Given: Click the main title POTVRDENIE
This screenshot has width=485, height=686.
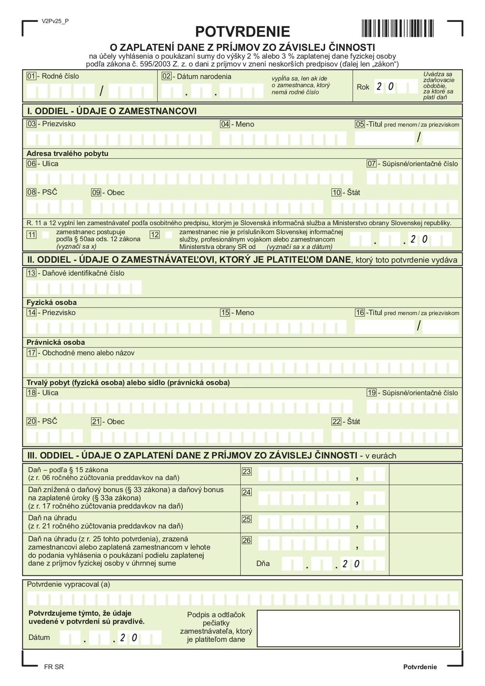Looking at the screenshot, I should pos(242,32).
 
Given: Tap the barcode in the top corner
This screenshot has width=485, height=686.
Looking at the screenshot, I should pos(397,28).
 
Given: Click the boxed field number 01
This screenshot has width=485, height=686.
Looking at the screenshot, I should pos(31,76).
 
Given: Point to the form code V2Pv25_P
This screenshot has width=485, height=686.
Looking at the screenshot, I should pos(55,21).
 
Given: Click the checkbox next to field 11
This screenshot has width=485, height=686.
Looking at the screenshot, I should pos(46,235).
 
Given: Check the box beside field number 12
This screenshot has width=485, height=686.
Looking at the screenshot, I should pos(169,235).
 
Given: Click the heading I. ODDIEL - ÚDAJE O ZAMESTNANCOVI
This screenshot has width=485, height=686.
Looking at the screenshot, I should pos(112,111).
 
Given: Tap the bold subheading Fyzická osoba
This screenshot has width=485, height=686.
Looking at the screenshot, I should pos(52,302).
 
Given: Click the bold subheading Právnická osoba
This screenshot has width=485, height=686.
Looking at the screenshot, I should pos(55,342).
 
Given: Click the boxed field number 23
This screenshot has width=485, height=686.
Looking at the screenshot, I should pos(247,471).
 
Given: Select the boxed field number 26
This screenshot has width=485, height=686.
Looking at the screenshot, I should pos(247,540).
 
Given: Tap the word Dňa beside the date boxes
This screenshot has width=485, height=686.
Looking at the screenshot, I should pos(263,564).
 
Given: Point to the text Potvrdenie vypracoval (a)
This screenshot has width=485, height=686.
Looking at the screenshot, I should pos(68,584).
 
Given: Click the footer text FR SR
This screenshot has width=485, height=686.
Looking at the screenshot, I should pos(54,667).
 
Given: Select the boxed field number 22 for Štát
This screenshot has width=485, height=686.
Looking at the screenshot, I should pos(336,421).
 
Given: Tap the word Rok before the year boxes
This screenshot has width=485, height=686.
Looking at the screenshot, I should pos(363,87).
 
